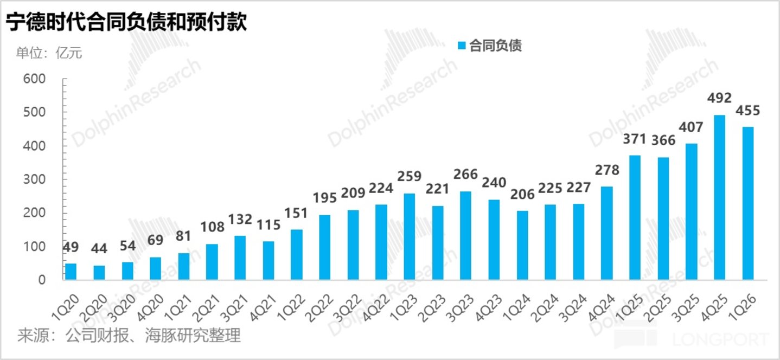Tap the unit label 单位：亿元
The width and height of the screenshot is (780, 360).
coord(49,53)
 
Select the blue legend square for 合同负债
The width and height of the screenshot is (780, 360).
coord(462,46)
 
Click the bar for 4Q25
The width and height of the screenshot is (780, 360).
coord(719,197)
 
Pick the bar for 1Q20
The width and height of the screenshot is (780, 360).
coord(71,272)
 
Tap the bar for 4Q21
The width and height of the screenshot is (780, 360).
coord(268,260)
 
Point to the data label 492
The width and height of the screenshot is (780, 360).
coord(719,99)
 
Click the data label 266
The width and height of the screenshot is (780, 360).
coord(465,175)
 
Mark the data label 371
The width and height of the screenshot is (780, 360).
coord(635,139)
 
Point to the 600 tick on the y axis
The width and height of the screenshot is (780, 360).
coord(34,79)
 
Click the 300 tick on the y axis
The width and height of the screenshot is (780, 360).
coord(34,179)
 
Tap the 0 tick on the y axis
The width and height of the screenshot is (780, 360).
coord(42,280)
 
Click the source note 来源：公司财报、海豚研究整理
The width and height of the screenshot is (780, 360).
coord(129,336)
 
